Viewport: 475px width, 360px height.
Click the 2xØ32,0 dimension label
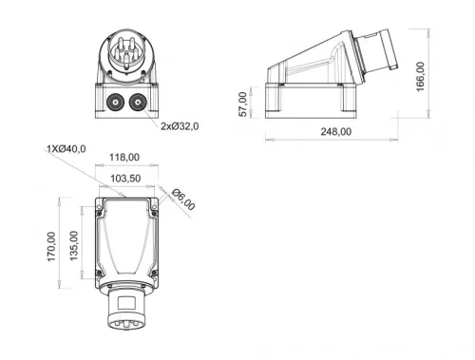pos(181,125)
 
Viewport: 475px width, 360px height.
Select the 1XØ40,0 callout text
pos(66,148)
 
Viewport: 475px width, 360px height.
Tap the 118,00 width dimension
pos(124,158)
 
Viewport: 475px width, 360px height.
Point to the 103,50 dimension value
pos(124,178)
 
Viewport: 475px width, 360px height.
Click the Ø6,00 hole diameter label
pos(182,199)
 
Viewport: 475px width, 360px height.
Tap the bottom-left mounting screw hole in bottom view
pos(99,273)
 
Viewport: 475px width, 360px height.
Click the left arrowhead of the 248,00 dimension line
pos(266,140)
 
